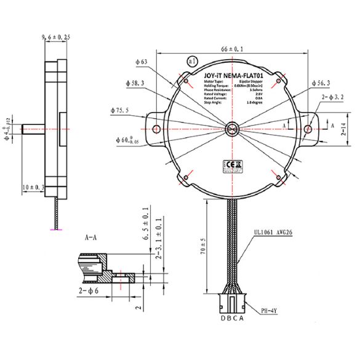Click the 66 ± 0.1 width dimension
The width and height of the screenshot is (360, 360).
(x=232, y=48)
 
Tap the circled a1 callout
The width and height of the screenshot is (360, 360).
(x=191, y=62)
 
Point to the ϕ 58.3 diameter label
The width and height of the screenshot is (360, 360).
(x=134, y=83)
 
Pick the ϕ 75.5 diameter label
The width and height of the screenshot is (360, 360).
(x=120, y=111)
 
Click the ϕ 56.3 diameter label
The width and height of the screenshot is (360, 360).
(x=324, y=82)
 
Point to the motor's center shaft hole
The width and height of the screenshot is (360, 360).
(x=233, y=129)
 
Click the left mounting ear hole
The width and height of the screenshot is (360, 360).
(x=156, y=129)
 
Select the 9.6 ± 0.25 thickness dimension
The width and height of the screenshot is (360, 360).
(x=55, y=38)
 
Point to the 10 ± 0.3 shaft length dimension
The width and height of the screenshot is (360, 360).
(x=33, y=186)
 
